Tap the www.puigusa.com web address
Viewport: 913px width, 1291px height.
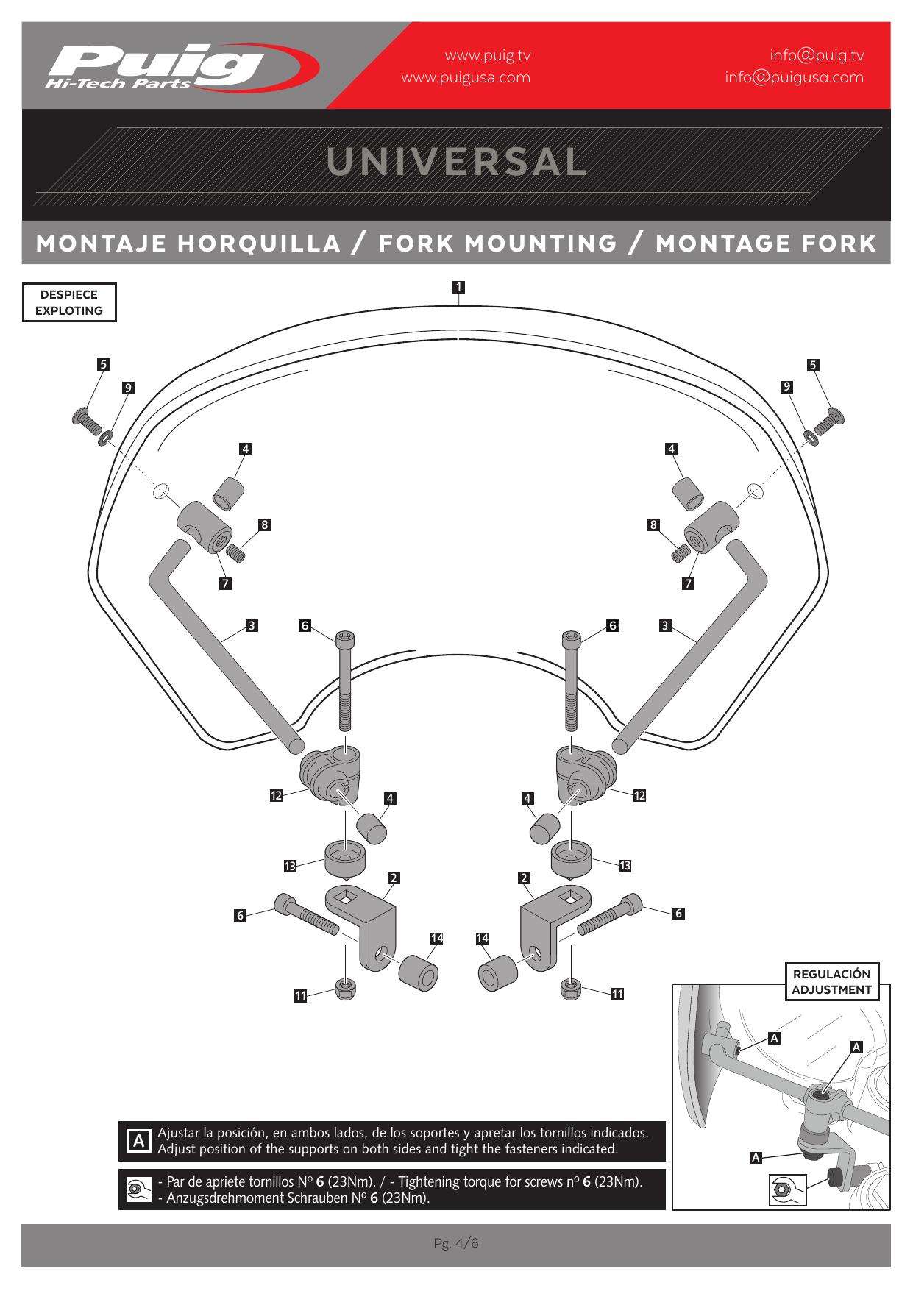click(x=466, y=77)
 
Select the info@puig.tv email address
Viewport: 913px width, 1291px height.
click(x=817, y=55)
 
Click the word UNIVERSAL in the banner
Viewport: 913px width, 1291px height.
click(x=457, y=162)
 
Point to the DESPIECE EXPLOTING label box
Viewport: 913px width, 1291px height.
click(x=69, y=302)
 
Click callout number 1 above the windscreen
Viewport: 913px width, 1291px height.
click(x=458, y=287)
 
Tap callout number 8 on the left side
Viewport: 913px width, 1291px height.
click(x=264, y=524)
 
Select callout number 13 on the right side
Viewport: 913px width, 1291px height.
click(x=625, y=866)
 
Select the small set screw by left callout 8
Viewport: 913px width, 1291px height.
click(x=237, y=552)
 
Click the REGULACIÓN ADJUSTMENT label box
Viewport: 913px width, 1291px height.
click(x=831, y=981)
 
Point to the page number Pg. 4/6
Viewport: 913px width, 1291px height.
click(x=456, y=1243)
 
